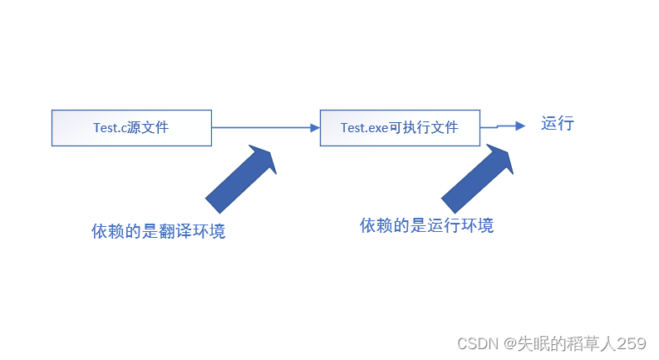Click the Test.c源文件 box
click(x=131, y=128)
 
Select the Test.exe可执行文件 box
click(x=400, y=128)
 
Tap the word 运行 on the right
click(x=558, y=125)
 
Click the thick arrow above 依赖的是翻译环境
click(x=241, y=177)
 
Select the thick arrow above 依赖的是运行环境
click(x=478, y=177)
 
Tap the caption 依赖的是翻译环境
click(x=158, y=231)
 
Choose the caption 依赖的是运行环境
click(x=426, y=225)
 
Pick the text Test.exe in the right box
click(x=365, y=128)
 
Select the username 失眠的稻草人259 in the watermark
click(x=582, y=343)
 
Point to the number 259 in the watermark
click(x=632, y=343)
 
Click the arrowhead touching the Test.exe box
click(x=315, y=128)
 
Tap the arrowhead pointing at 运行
click(x=520, y=126)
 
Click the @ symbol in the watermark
click(x=509, y=343)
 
